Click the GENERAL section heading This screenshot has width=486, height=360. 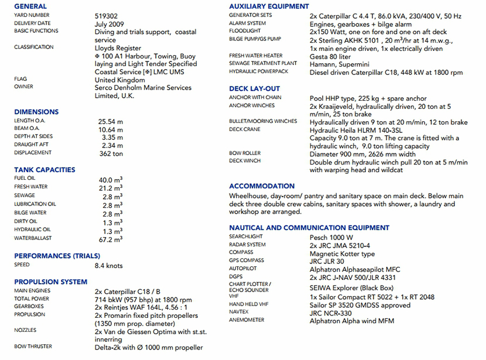[x=30, y=6]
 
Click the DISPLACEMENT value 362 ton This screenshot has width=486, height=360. [x=111, y=154]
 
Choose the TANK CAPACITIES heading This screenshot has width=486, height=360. [x=45, y=170]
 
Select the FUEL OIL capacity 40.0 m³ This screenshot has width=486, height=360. [x=110, y=179]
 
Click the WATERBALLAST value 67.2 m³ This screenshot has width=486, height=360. [x=110, y=239]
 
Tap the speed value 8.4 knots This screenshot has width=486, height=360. [x=109, y=265]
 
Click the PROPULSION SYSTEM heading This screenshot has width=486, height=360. [x=50, y=282]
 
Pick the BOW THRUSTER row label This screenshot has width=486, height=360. [x=33, y=347]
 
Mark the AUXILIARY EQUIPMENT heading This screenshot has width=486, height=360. [x=269, y=6]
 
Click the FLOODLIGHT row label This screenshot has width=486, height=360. [x=245, y=32]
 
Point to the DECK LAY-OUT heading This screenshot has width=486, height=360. [x=254, y=89]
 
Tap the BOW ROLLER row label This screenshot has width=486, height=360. [x=245, y=153]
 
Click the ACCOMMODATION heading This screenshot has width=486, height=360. [x=262, y=186]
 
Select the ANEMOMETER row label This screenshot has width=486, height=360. [x=247, y=320]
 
